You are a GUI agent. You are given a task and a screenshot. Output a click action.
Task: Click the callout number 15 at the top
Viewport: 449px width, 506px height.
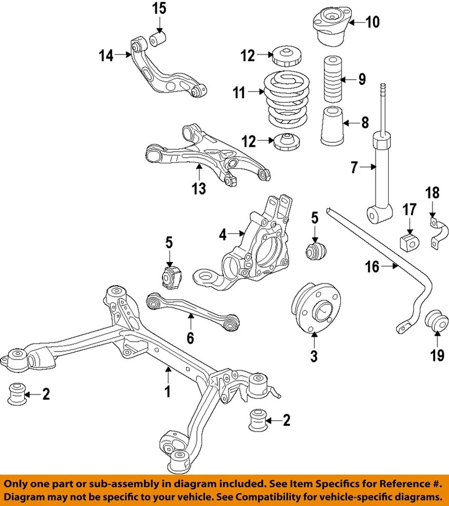[159, 8]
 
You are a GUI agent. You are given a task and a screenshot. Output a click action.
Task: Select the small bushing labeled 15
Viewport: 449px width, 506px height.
[158, 38]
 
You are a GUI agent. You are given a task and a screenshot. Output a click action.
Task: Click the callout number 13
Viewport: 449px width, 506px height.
[199, 188]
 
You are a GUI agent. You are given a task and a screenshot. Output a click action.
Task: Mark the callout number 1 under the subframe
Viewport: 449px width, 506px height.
[168, 392]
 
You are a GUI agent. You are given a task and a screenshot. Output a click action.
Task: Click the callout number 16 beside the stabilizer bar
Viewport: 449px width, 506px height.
[372, 267]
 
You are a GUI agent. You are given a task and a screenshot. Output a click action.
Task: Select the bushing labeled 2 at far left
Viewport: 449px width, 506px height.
[18, 393]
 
